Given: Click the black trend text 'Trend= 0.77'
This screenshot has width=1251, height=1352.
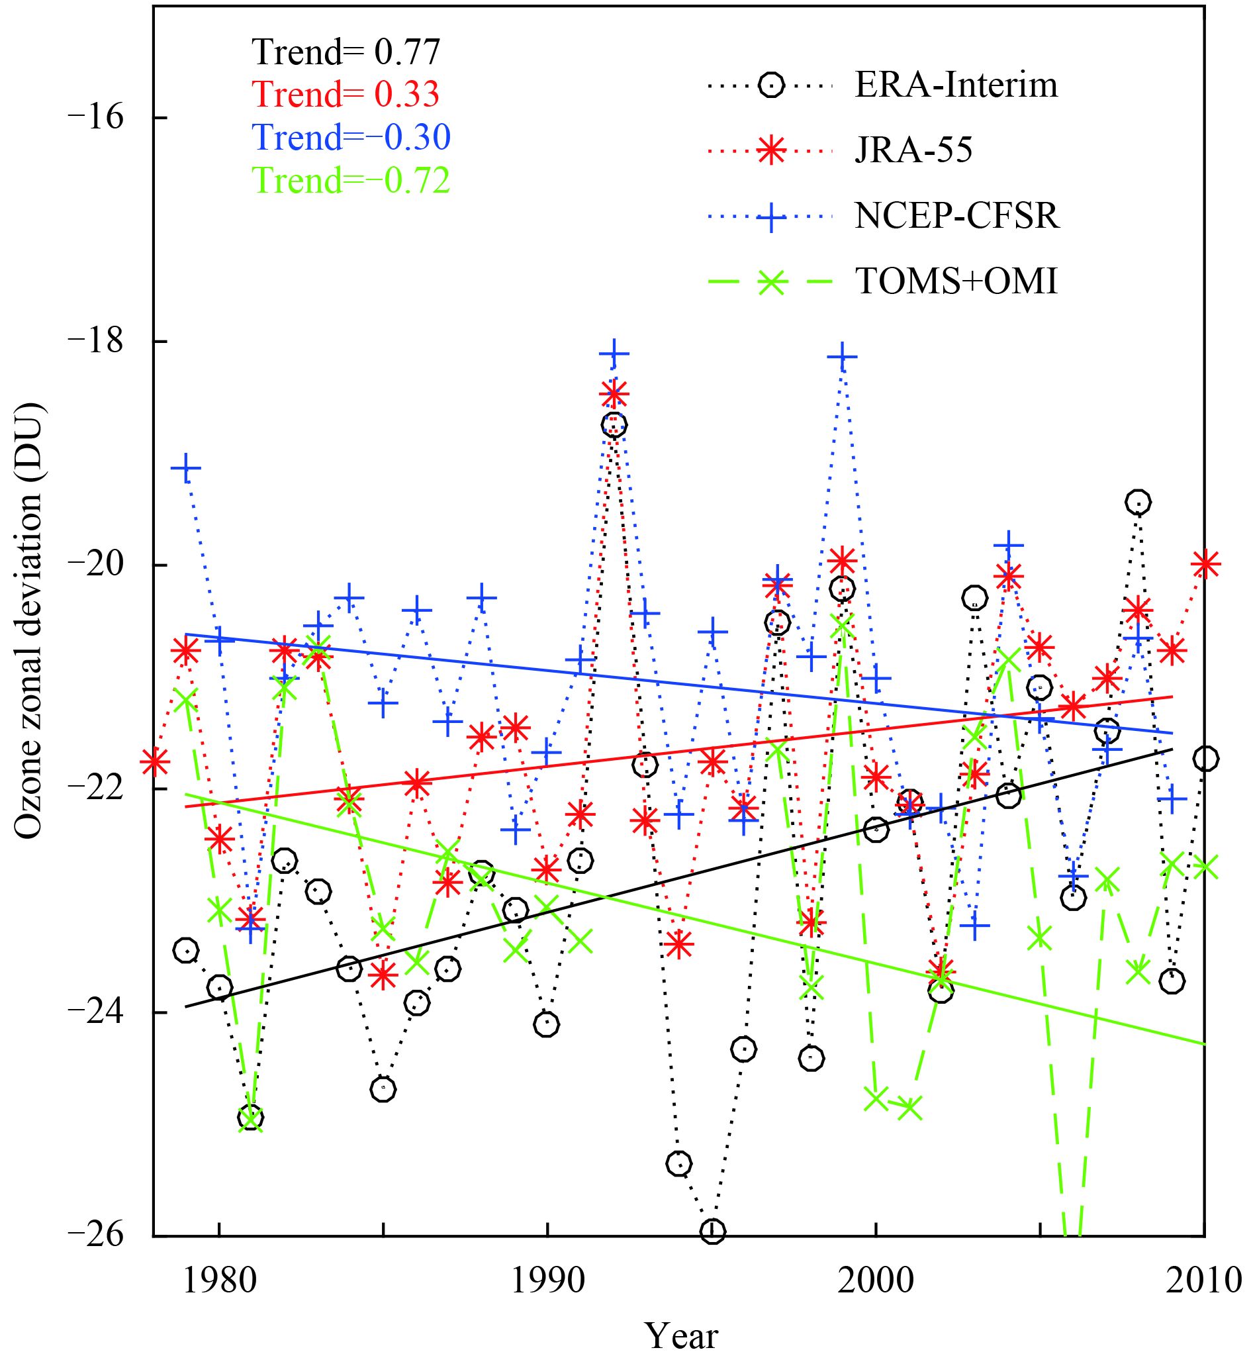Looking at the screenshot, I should (x=346, y=52).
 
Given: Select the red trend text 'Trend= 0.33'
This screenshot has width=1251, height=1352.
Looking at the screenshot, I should (x=346, y=94).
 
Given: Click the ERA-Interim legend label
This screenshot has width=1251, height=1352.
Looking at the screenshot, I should (x=956, y=86).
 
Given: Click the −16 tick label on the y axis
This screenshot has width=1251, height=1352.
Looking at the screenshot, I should (x=95, y=117).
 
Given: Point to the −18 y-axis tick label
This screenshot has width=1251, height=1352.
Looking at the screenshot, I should (x=95, y=341).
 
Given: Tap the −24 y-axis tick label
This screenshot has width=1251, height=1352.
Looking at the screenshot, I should (x=95, y=1012).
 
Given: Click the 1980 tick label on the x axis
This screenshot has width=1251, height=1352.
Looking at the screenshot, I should (x=218, y=1280).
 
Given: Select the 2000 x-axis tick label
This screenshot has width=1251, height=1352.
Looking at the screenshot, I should (x=875, y=1280).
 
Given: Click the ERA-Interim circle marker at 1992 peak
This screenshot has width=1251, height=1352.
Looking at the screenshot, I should (x=614, y=424).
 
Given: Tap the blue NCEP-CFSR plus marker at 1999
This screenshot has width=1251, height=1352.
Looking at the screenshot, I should (x=843, y=357).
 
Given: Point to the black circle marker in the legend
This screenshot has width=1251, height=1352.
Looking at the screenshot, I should (x=771, y=86).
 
